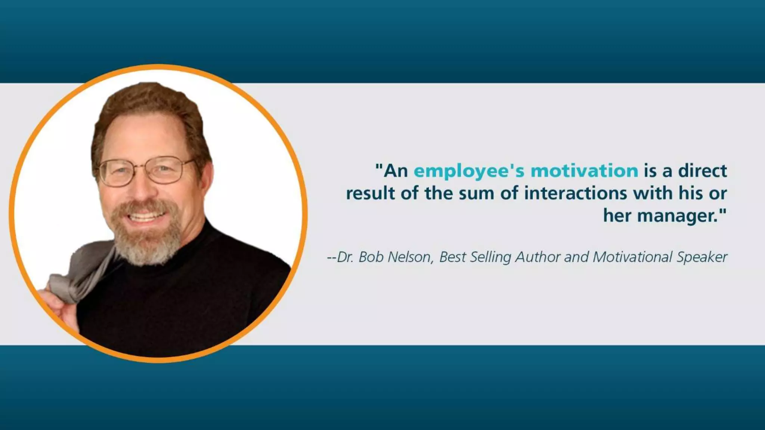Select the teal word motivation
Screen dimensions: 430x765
point(584,171)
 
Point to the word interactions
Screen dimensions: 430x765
point(575,193)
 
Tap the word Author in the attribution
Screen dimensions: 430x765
point(538,257)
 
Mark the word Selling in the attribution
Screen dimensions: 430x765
point(490,258)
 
